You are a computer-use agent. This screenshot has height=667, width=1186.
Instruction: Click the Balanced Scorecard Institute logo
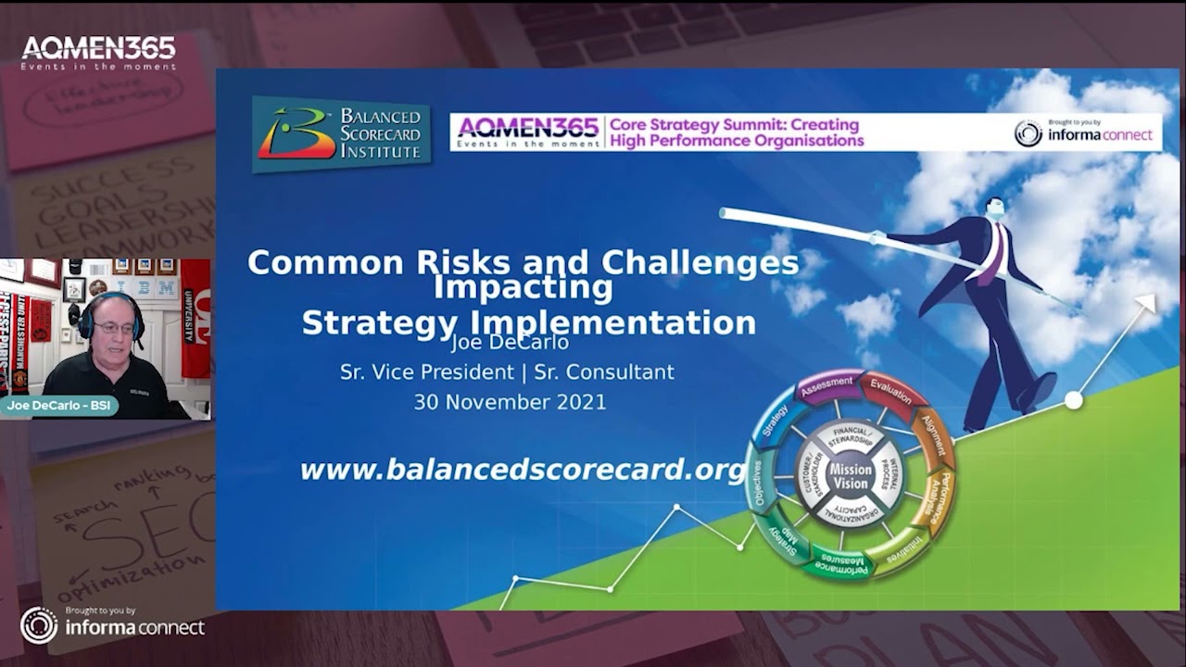pos(341,134)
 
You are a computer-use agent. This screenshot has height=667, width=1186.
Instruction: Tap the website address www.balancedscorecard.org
pos(523,470)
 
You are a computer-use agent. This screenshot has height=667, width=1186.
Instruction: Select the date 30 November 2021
pos(510,402)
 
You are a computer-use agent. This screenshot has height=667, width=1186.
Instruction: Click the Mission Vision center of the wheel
pos(850,476)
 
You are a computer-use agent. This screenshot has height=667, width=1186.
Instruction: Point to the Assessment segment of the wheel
pos(826,384)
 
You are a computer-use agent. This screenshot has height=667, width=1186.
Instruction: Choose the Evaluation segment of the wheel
pos(890,392)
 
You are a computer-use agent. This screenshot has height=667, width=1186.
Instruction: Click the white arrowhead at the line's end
pos(1147,303)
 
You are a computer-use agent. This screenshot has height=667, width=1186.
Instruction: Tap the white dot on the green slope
pos(1073,400)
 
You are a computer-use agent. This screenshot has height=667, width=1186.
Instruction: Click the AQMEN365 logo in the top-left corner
pos(98,53)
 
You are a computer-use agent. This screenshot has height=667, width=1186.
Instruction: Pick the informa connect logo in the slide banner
pos(1084,133)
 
